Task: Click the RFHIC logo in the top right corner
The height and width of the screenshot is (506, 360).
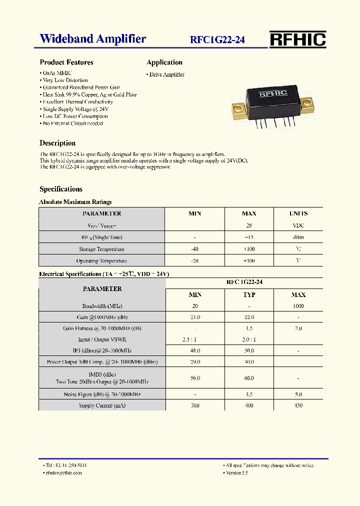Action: click(x=297, y=39)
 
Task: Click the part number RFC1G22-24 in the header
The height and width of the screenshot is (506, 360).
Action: click(x=217, y=40)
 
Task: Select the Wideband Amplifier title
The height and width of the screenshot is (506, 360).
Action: click(x=93, y=39)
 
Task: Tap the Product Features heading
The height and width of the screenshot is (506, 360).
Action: click(x=66, y=62)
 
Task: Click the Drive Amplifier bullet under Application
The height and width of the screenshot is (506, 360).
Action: click(x=166, y=74)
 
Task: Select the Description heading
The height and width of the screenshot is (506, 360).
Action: click(x=57, y=143)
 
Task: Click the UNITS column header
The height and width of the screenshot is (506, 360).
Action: click(x=298, y=213)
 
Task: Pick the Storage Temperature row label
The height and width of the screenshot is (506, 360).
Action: click(x=101, y=249)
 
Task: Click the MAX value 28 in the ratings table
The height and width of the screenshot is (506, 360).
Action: click(x=249, y=225)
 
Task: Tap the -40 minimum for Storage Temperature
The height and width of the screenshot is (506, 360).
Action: click(x=194, y=249)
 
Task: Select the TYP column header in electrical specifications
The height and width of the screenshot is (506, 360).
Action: click(x=249, y=295)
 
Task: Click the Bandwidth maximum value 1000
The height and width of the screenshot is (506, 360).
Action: click(x=298, y=306)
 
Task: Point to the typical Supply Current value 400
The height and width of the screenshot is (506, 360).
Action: click(x=249, y=405)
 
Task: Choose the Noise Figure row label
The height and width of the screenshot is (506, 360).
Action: click(x=101, y=394)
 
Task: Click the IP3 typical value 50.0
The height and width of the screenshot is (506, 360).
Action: click(x=249, y=350)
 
